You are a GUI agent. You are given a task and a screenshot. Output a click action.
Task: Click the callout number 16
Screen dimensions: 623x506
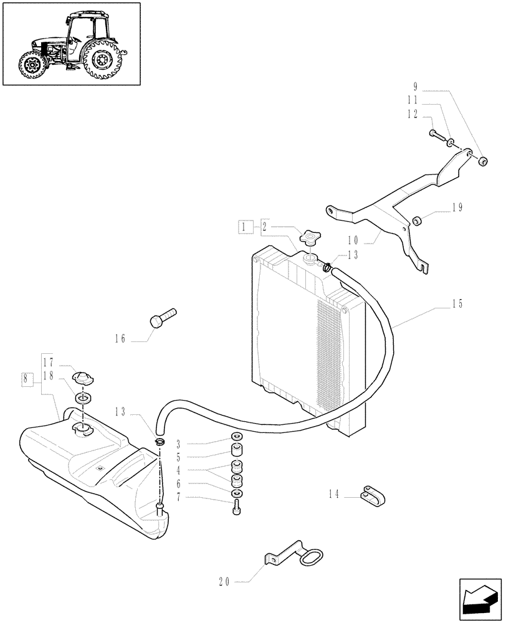[120, 339]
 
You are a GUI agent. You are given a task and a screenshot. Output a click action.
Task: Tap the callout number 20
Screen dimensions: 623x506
[224, 582]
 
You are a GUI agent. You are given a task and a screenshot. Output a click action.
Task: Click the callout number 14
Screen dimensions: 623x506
[335, 495]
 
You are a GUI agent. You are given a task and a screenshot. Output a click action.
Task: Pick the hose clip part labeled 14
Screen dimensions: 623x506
[373, 495]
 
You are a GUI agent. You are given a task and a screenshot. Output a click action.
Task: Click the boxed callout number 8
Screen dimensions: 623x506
[26, 378]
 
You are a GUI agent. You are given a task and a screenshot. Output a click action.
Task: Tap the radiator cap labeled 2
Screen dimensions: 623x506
[308, 237]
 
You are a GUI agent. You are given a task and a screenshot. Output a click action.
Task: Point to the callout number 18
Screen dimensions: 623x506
[48, 375]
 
